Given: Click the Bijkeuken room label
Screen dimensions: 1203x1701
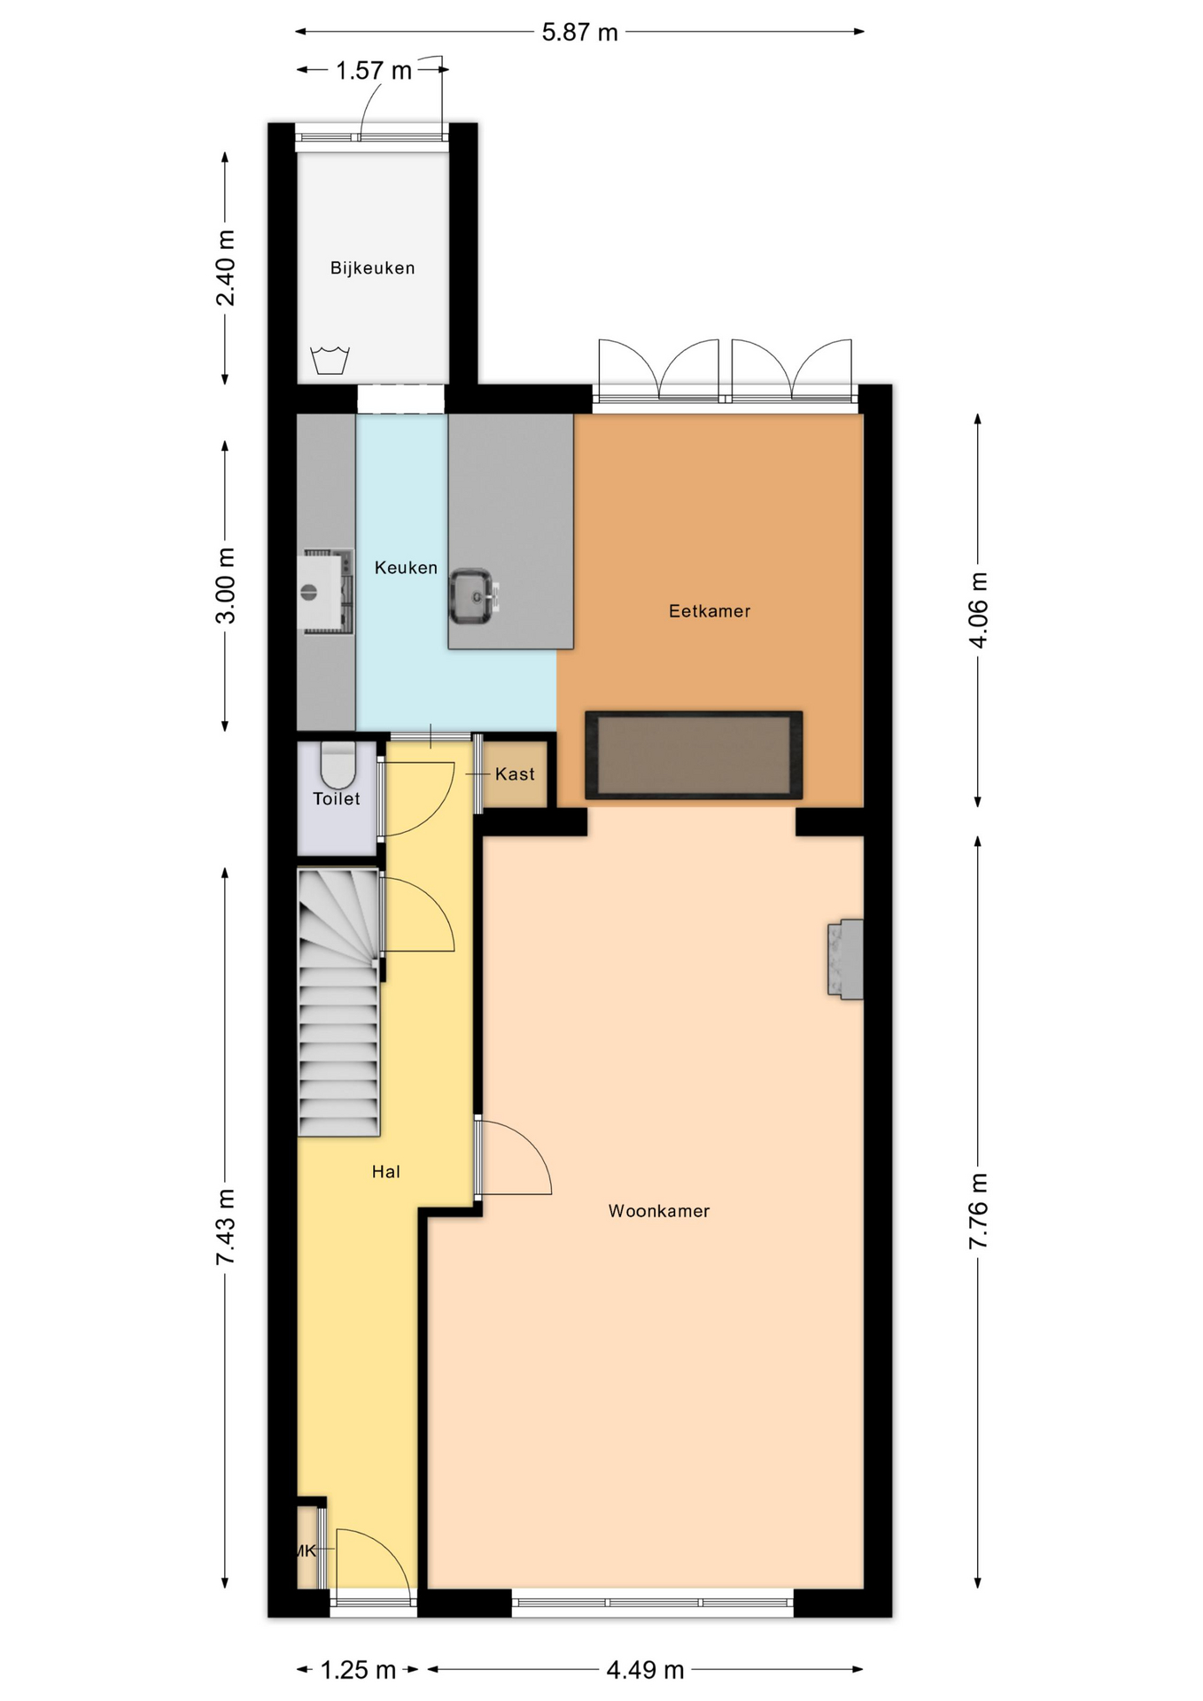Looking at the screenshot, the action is (372, 268).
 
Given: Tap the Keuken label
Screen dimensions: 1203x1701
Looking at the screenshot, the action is (406, 568).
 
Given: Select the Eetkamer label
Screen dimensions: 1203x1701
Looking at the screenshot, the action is (710, 611).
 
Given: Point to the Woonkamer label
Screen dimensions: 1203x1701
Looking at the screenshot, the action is (659, 1211).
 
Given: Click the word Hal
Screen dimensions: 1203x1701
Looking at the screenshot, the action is (386, 1172).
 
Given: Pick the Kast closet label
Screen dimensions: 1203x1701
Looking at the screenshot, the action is (515, 774).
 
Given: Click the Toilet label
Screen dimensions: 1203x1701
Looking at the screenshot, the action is (337, 799).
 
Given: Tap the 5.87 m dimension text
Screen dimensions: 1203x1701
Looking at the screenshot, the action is (580, 33).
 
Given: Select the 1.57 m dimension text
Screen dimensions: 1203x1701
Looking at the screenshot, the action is (374, 71).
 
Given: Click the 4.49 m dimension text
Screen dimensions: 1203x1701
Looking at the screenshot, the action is (645, 1670).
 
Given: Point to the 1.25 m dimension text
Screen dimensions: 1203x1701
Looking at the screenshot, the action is (358, 1670).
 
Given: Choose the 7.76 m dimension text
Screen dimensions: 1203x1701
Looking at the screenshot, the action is (978, 1211).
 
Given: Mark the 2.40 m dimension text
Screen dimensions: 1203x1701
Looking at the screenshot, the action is (227, 268).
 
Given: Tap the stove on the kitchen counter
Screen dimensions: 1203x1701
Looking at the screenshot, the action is (327, 591).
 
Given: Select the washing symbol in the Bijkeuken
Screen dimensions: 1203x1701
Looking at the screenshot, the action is (330, 361).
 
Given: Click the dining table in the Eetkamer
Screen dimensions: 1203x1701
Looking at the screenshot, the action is (694, 756).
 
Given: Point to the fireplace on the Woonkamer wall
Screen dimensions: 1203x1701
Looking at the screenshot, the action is (846, 959).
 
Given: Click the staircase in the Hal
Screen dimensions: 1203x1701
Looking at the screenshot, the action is (339, 1002).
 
